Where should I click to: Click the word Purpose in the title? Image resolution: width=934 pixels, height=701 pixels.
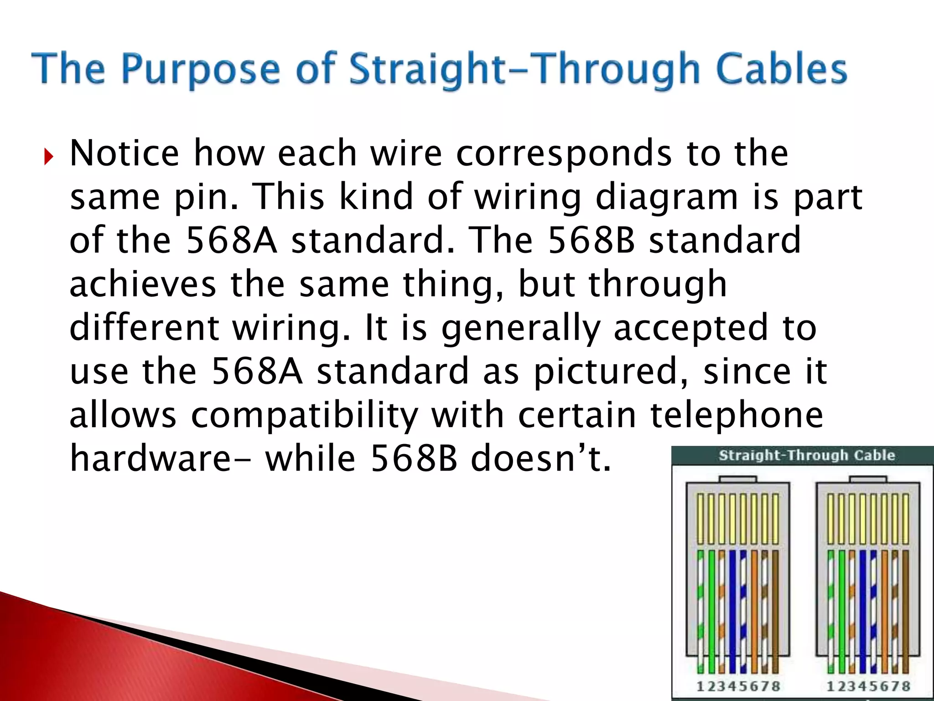[201, 69]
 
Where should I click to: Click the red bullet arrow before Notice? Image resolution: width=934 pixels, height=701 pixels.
[49, 157]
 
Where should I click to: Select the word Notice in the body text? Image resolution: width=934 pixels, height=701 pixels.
[125, 153]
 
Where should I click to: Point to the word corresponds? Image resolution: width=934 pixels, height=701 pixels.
[564, 153]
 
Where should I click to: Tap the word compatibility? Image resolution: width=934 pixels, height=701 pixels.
[304, 415]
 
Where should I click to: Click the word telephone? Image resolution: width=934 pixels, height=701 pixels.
[737, 415]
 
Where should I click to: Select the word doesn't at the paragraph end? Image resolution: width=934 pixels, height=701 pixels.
[540, 458]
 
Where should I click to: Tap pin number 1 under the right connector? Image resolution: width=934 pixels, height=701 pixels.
[830, 686]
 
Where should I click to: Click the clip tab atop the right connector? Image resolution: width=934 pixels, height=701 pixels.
[868, 479]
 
